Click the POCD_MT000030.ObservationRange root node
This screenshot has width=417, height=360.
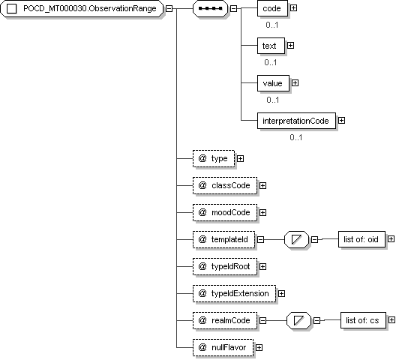click(82, 8)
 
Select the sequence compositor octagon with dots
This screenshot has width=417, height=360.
click(210, 8)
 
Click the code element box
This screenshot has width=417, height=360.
click(272, 8)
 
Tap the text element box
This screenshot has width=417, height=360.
click(271, 46)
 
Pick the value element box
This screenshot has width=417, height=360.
click(273, 83)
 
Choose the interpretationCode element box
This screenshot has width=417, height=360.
click(296, 121)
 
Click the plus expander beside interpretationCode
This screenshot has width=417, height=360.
click(341, 121)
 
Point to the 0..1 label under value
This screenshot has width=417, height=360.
click(273, 100)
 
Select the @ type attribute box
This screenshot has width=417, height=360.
click(214, 158)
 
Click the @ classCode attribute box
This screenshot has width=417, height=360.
click(225, 185)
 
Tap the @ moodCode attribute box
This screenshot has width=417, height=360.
click(225, 212)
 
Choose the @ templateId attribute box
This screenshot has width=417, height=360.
click(224, 239)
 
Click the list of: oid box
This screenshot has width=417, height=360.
click(361, 239)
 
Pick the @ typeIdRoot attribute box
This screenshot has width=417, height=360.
click(225, 266)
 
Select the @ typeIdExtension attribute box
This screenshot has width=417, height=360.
click(234, 293)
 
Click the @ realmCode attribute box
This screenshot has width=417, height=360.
click(225, 320)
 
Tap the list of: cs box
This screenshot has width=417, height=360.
click(363, 320)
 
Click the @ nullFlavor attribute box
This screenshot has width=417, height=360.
click(223, 347)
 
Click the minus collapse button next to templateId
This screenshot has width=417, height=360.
click(261, 239)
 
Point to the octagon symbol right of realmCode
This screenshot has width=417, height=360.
click(298, 320)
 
